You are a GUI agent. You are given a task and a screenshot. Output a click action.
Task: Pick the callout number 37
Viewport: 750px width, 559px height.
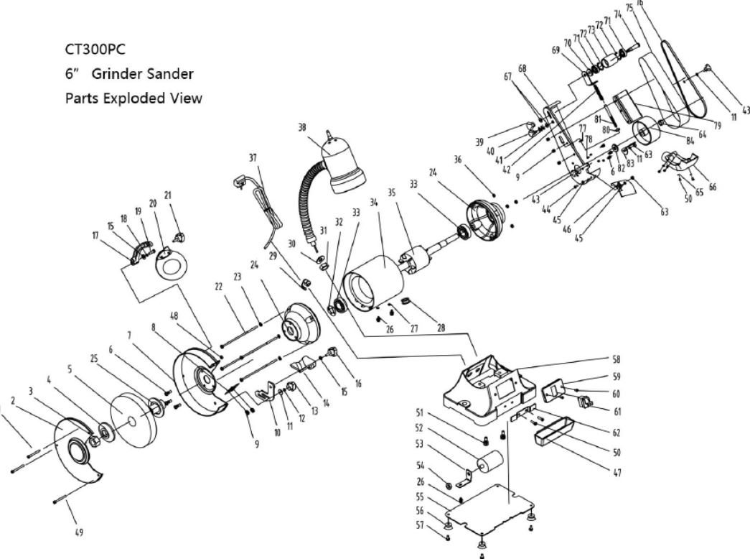tap(253, 157)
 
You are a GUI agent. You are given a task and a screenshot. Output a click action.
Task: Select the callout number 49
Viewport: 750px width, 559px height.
tap(79, 532)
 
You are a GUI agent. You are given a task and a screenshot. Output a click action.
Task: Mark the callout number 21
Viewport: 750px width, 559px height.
tap(168, 195)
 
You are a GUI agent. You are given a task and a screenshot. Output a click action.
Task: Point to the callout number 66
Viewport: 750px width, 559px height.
tap(711, 186)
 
